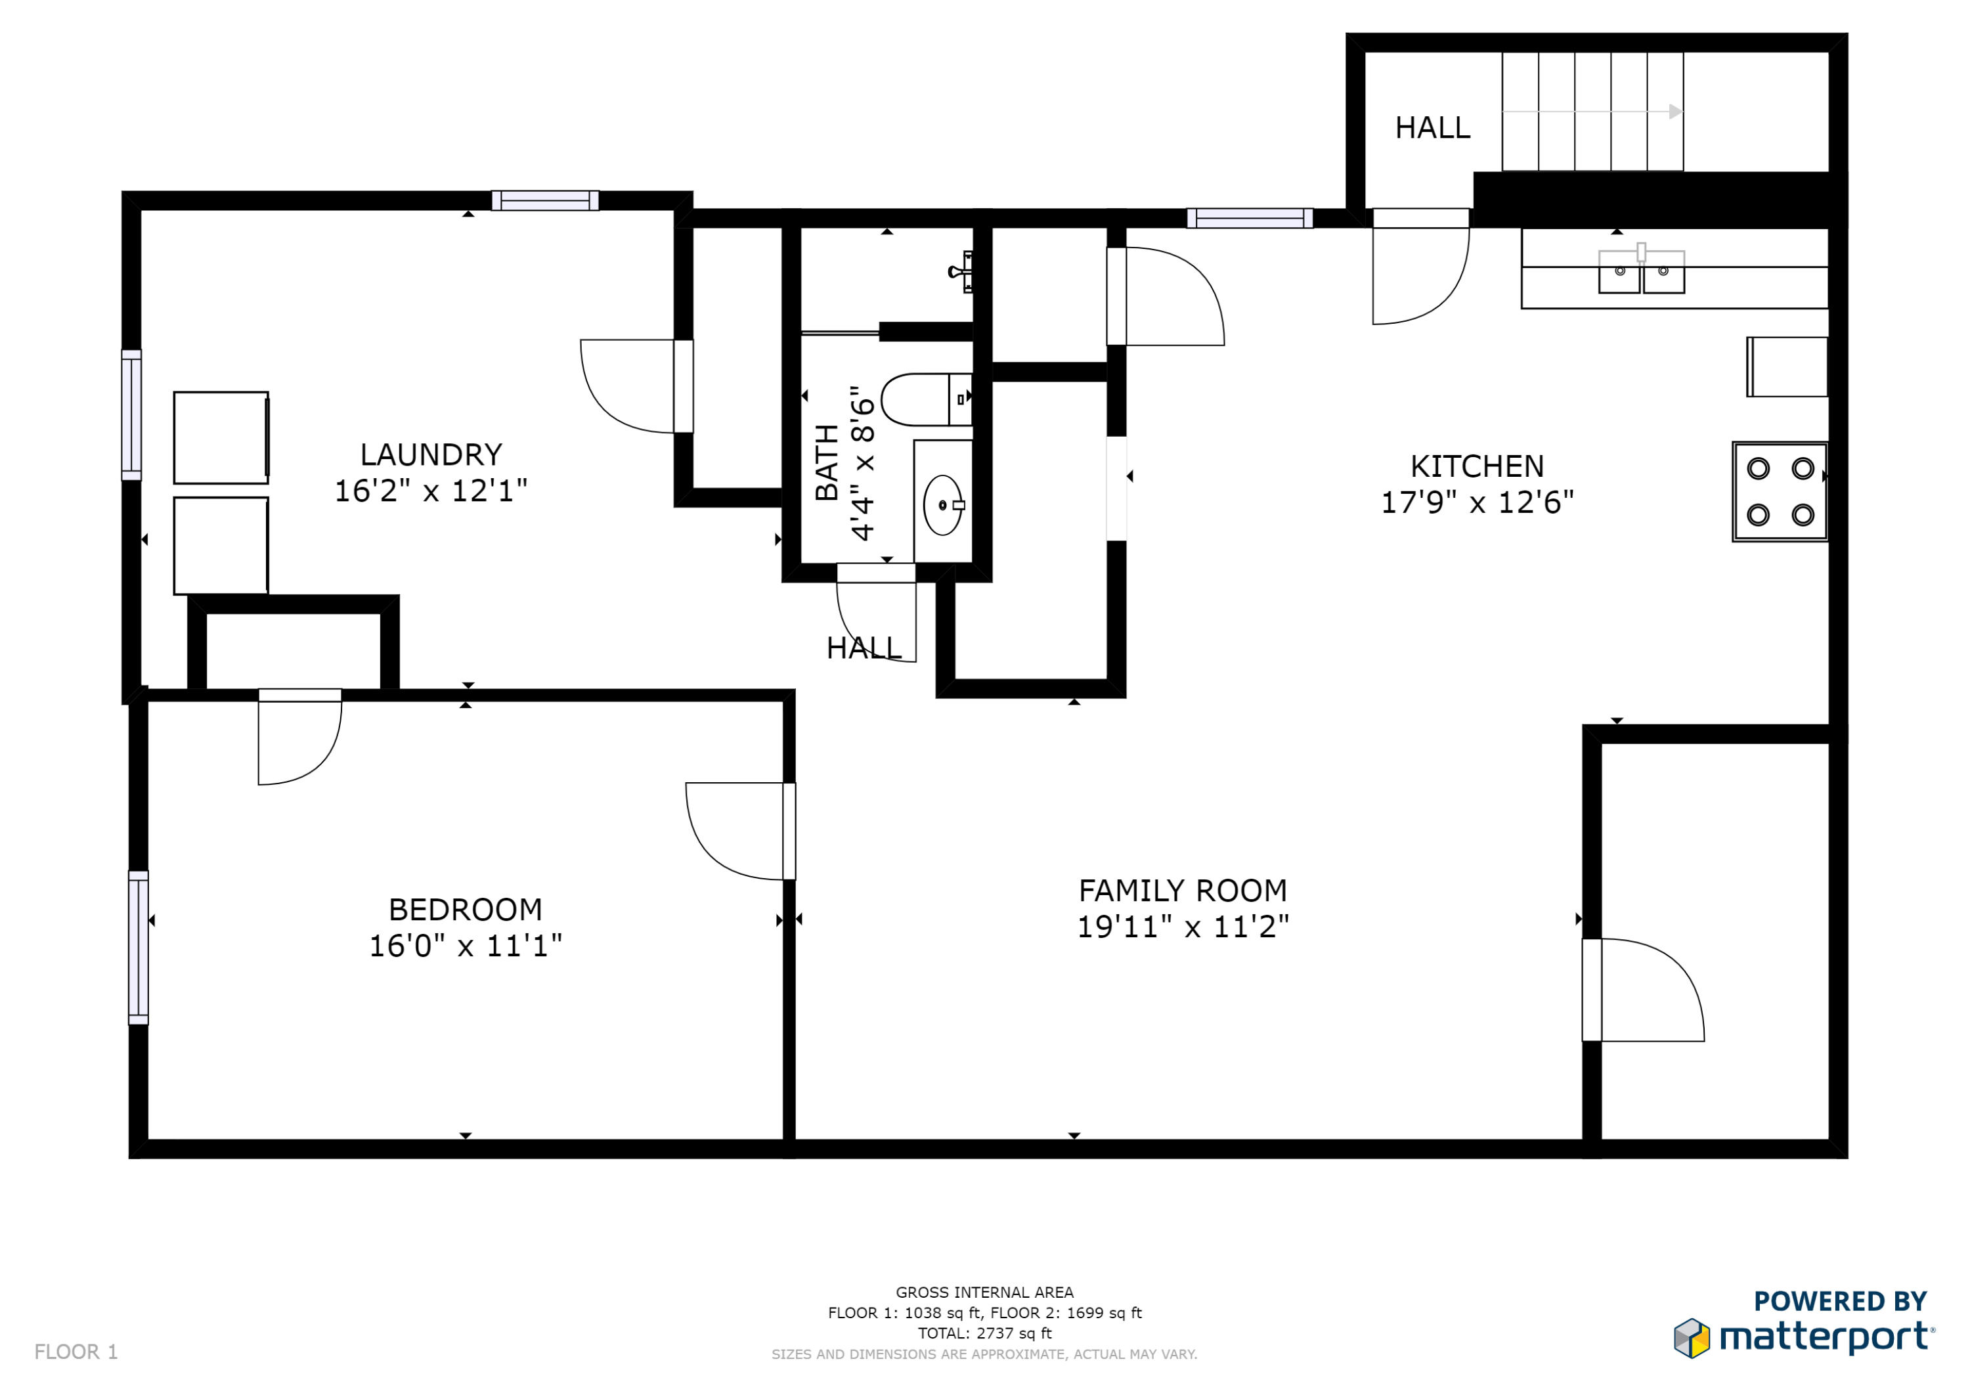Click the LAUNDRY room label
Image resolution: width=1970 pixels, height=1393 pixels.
tap(431, 454)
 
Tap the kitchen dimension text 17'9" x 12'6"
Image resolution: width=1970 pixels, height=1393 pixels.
tap(1477, 502)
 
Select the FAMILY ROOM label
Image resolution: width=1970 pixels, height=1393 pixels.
tap(1183, 891)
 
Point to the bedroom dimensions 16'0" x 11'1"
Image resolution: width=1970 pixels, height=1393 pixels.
tap(465, 946)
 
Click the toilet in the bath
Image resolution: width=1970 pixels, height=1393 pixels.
tap(927, 399)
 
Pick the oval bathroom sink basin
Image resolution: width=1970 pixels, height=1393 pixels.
tap(942, 506)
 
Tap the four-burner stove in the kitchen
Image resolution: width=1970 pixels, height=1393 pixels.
tap(1780, 492)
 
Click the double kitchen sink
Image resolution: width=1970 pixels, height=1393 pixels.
tap(1642, 271)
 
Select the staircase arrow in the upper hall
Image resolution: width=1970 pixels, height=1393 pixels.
tap(1592, 112)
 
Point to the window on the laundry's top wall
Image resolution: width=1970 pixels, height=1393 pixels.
tap(545, 201)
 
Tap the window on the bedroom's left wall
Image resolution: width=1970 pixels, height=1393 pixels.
tap(138, 948)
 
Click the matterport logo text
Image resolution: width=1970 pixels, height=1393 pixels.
tap(1826, 1337)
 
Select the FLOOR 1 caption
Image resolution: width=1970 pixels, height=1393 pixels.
tap(76, 1352)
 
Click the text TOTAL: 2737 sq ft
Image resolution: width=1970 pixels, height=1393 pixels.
tap(984, 1333)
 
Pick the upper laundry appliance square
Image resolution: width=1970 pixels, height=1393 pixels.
tap(221, 437)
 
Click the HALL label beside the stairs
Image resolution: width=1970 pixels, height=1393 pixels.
tap(1432, 128)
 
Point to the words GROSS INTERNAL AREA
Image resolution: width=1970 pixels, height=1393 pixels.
tap(984, 1292)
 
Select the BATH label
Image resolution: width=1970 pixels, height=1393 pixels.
tap(826, 462)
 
